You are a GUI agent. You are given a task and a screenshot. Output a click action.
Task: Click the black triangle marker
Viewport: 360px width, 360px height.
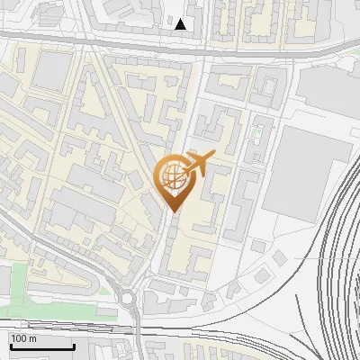click(181, 24)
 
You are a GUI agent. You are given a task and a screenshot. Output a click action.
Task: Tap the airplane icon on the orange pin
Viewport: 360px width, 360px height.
click(200, 164)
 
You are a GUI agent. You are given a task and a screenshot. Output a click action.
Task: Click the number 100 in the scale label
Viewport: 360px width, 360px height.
click(19, 338)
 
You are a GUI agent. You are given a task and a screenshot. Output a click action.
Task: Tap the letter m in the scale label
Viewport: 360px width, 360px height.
click(32, 338)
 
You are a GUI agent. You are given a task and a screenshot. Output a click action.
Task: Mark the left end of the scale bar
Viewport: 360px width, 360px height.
click(11, 346)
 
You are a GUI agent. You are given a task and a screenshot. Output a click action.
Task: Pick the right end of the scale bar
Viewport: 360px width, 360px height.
click(74, 346)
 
